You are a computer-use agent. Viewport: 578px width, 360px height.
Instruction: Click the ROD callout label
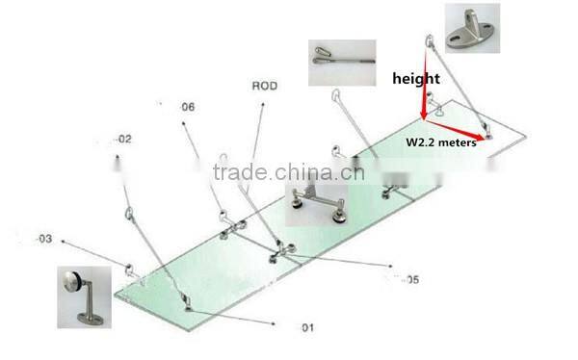[x=265, y=87]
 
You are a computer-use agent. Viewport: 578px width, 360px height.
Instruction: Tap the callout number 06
[x=187, y=107]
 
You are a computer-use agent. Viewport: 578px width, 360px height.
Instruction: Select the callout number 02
[x=123, y=140]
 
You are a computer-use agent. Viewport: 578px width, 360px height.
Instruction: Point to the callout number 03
[x=44, y=238]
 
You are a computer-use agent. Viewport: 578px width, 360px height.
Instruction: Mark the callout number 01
[x=306, y=328]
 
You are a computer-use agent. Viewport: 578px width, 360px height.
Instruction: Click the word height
[x=415, y=78]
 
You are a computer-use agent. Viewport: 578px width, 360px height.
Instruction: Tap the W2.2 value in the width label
[x=421, y=142]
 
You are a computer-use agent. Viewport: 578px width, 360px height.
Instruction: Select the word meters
[x=460, y=142]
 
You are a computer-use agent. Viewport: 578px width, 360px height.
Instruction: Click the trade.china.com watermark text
[x=288, y=173]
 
